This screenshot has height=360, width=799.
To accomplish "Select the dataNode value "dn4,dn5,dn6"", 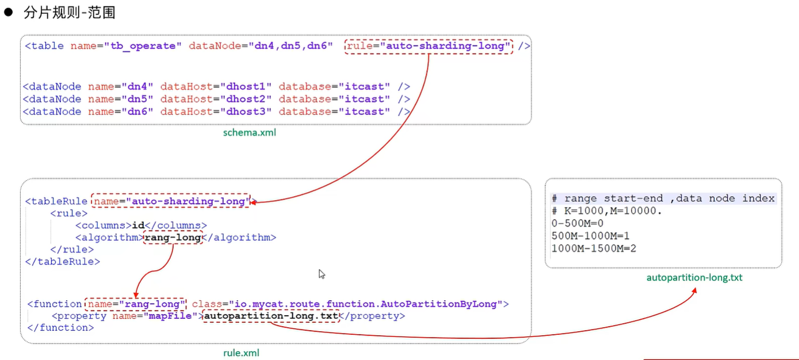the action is pos(293,46).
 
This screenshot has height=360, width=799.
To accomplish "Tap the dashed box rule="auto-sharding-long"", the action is pos(429,46).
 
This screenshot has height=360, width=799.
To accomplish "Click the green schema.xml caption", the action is pos(250,133).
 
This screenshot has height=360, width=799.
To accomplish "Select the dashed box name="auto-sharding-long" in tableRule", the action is pos(170,201).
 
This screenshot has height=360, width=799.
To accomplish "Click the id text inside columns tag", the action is pos(137,225).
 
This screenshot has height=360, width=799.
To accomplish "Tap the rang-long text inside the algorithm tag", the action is pos(173,238).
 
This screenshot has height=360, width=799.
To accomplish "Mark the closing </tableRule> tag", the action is pos(63,262).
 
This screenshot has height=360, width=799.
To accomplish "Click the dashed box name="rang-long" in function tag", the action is pos(136,304).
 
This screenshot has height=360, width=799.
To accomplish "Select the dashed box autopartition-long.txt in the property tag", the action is pos(271,316).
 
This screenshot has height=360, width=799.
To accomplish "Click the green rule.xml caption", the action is pos(242,353).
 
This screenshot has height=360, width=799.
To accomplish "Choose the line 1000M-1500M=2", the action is pos(594,248).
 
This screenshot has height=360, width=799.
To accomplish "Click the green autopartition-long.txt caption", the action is pos(694,278).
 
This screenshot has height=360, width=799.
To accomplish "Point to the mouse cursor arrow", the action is pos(322,274).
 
